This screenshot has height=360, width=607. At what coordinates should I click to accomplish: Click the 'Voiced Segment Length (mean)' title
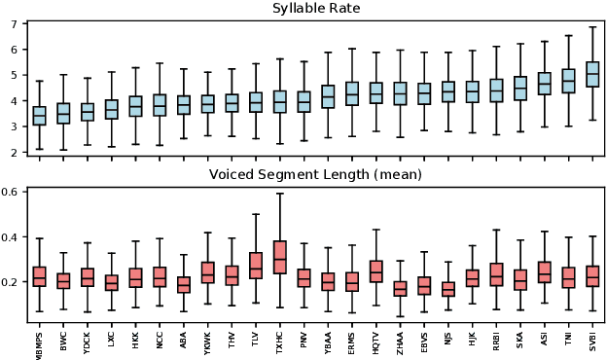pos(314,175)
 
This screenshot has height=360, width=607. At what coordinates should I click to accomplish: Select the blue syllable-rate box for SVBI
pos(591,75)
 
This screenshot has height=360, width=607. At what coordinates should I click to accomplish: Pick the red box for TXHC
pos(280,257)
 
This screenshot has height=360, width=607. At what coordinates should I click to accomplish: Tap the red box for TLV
pos(256,265)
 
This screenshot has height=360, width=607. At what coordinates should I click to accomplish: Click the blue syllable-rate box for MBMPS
pos(39,116)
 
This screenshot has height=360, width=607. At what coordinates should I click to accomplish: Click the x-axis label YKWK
pos(208,342)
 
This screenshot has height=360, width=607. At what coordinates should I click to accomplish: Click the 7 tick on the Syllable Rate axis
pos(14,22)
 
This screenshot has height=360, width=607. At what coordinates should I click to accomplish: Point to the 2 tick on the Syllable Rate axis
pos(14,153)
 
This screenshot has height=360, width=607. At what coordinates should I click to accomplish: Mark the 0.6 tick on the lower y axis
pos(10,192)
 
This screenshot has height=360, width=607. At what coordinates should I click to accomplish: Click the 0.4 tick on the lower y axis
pos(10,236)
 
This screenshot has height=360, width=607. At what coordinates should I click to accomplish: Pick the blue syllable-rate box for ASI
pos(544,83)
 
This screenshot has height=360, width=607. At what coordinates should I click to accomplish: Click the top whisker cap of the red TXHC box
pos(280,193)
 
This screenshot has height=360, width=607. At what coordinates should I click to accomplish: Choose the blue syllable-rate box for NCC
pos(160,105)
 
